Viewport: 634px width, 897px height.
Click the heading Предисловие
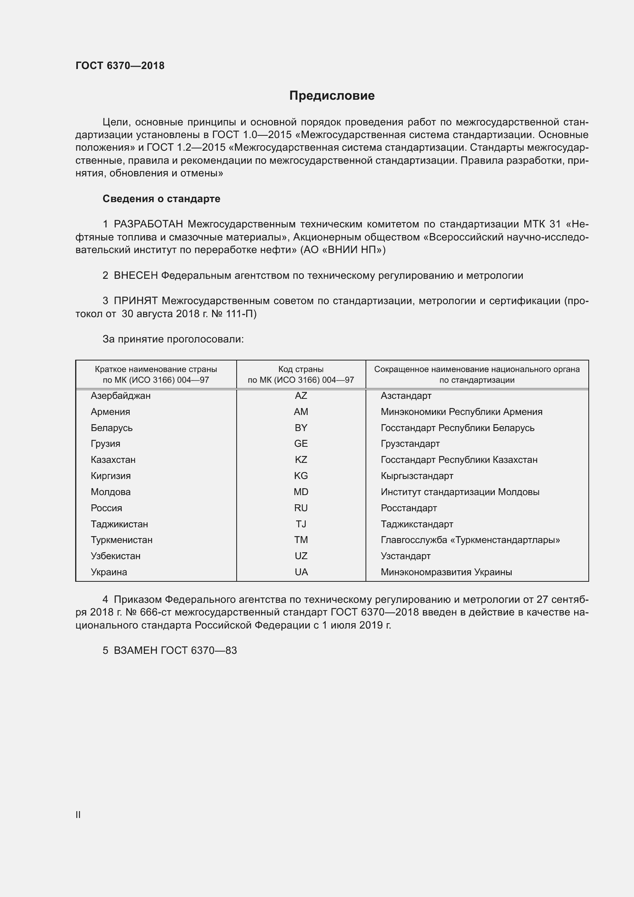pos(332,96)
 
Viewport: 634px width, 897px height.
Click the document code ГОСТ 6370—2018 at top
pos(120,66)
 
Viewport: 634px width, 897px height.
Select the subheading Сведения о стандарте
pos(161,199)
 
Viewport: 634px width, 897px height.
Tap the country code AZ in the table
pos(301,396)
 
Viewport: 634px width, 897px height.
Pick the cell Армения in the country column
pos(110,412)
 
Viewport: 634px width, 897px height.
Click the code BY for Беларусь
pos(301,428)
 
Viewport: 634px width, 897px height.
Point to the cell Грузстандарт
pos(410,444)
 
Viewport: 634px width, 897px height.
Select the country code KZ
pos(301,460)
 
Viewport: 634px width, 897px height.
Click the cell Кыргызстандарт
pos(417,476)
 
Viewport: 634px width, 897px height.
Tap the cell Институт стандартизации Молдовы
pos(460,492)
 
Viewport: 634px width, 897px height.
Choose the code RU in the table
pos(301,508)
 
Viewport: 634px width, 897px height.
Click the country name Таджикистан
pos(119,524)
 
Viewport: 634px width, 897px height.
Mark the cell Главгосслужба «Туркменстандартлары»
pos(470,540)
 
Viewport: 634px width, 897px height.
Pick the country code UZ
pos(301,556)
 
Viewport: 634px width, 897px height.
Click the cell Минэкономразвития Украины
pos(446,572)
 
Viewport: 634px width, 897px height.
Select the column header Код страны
pos(301,369)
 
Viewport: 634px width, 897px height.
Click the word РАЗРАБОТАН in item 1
pos(148,224)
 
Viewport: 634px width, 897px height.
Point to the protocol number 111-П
pos(241,314)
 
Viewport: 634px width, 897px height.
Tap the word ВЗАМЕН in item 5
pos(135,650)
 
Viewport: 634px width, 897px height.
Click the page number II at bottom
pos(78,815)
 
